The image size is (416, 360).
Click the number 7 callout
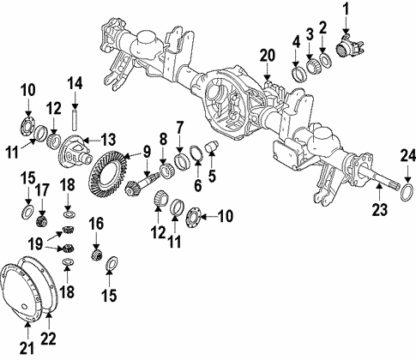[179, 129]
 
